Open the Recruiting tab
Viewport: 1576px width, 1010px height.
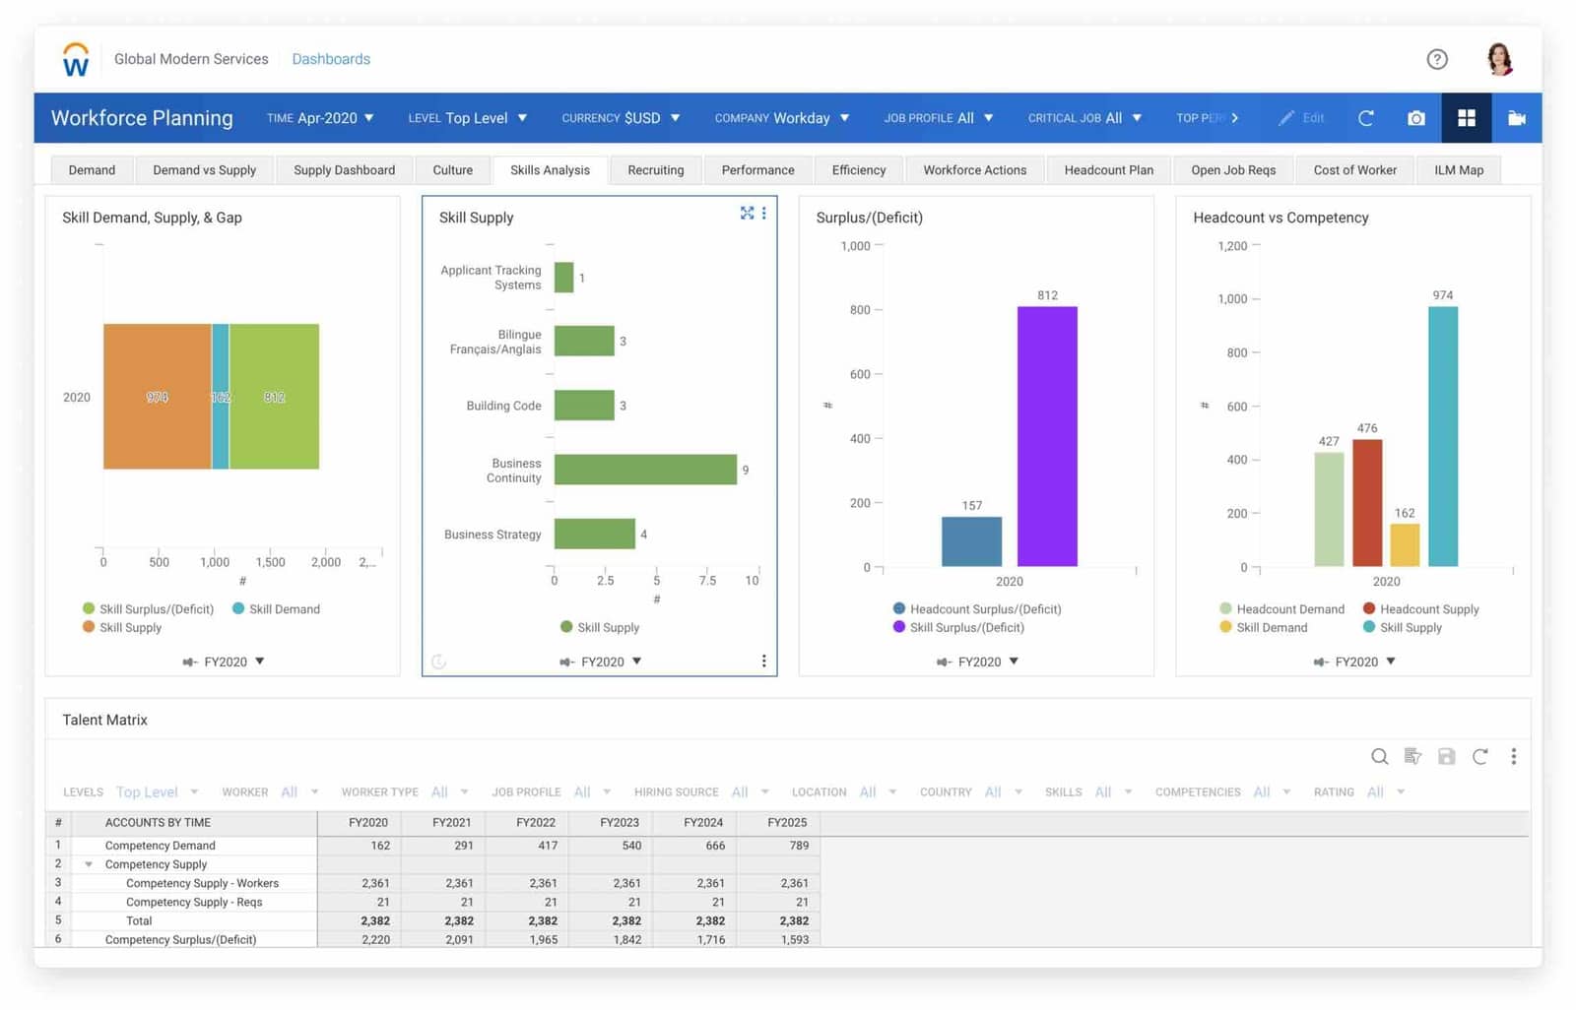click(655, 170)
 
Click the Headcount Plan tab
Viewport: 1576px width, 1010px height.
click(1108, 170)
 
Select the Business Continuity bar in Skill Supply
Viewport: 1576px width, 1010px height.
click(645, 470)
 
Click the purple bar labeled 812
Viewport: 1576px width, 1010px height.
click(1046, 436)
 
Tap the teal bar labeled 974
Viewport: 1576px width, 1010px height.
click(1442, 436)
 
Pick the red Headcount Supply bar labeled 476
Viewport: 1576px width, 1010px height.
click(1366, 502)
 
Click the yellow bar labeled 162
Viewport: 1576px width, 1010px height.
click(1404, 544)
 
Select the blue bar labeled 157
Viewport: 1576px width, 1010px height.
click(971, 540)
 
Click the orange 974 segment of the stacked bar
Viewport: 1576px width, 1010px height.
click(157, 397)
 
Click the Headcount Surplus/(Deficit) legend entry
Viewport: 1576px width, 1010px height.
click(984, 609)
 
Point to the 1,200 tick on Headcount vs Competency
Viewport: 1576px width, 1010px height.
click(1232, 246)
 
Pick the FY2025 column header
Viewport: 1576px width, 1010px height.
click(786, 823)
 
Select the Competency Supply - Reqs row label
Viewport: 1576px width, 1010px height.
click(194, 903)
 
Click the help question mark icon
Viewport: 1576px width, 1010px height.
click(1437, 59)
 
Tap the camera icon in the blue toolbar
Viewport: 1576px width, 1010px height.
click(1415, 118)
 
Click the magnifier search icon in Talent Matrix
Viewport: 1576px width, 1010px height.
click(1379, 756)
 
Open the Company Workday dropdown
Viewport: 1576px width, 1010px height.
click(782, 118)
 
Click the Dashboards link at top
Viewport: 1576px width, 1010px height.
click(331, 59)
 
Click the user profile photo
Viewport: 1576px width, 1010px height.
click(1499, 59)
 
